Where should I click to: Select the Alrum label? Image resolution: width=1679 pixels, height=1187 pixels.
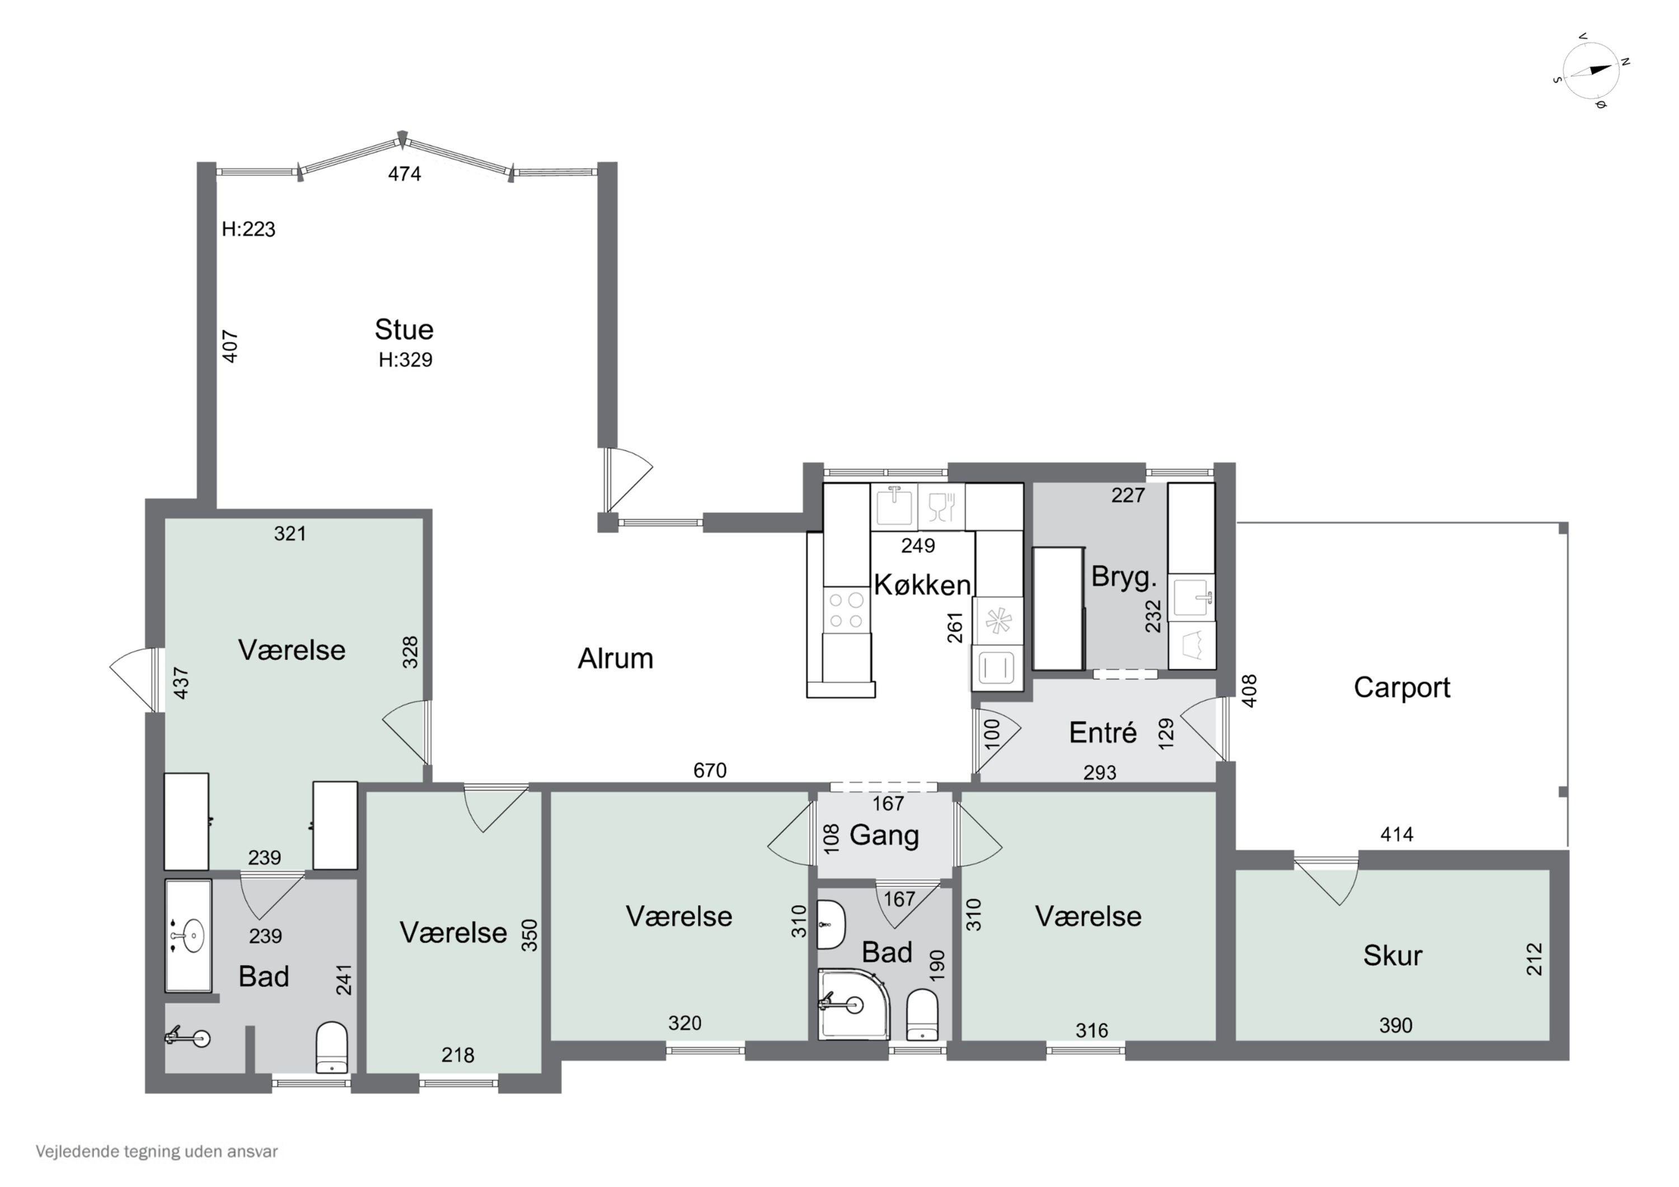tap(615, 658)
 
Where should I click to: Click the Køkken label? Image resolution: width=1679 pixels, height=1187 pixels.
tap(922, 584)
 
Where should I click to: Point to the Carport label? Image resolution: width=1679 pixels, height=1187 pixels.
tap(1402, 687)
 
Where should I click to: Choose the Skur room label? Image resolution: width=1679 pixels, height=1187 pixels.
tap(1392, 955)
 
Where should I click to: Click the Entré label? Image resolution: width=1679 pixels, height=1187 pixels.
tap(1103, 732)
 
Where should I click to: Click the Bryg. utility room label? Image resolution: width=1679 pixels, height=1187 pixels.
tap(1124, 577)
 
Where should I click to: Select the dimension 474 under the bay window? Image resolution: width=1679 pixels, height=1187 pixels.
tap(405, 173)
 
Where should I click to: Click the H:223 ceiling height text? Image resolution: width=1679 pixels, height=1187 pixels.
tap(248, 229)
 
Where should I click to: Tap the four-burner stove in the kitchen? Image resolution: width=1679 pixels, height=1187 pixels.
tap(847, 610)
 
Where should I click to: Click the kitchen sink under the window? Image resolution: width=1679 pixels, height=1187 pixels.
tap(894, 505)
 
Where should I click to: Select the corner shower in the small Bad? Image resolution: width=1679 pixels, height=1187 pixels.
tap(853, 1003)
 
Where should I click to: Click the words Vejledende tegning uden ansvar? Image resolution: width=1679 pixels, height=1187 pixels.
tap(157, 1152)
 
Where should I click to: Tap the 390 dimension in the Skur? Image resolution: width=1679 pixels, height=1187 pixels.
tap(1395, 1025)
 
